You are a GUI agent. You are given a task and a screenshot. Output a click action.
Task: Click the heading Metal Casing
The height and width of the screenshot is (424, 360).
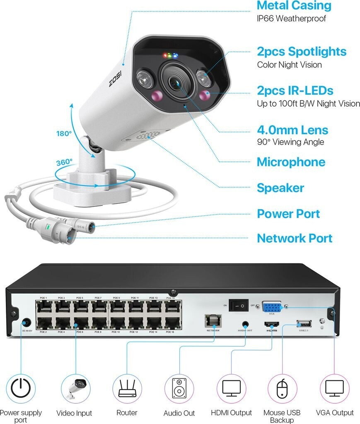tap(294, 6)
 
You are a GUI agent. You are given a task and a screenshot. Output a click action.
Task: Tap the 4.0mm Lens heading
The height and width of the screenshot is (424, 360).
tap(292, 130)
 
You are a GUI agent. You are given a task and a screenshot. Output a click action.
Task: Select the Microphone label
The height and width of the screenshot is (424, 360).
tap(291, 162)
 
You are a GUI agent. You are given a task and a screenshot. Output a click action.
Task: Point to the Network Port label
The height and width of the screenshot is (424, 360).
tap(295, 238)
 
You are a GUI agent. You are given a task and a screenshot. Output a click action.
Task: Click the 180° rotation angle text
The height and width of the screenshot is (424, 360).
tap(64, 134)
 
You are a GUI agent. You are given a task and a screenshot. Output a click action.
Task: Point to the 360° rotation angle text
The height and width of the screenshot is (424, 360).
tap(64, 162)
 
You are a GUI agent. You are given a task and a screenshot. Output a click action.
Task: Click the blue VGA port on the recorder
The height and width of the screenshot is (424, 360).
tap(272, 307)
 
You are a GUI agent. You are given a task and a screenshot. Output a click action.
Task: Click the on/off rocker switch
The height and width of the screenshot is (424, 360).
tap(239, 306)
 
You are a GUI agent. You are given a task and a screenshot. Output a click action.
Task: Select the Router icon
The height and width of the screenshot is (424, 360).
tap(127, 388)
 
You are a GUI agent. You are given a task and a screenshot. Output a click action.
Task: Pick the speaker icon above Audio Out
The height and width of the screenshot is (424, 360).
tap(179, 388)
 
